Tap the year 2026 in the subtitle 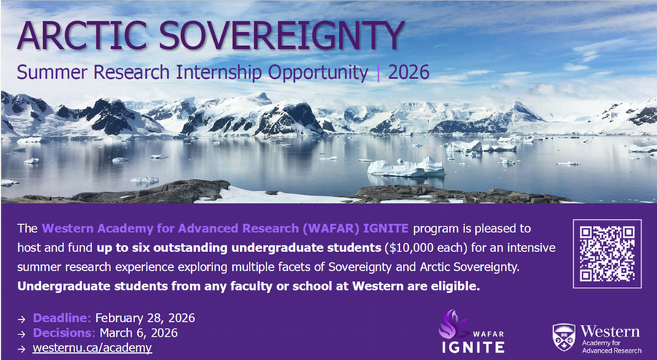pos(409,73)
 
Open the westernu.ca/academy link pos(92,348)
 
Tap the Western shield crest pos(563,336)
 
